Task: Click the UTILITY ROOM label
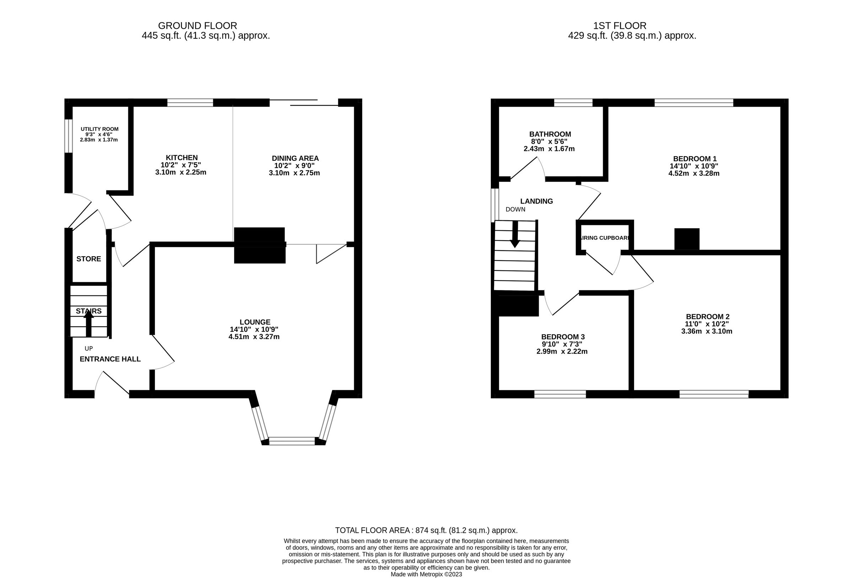coord(100,129)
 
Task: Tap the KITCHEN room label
coord(182,158)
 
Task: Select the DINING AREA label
coord(295,158)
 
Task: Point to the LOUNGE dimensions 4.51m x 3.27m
coord(254,337)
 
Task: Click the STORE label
coord(88,259)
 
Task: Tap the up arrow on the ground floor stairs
coord(88,324)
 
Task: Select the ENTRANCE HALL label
coord(110,359)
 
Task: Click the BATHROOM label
coord(550,134)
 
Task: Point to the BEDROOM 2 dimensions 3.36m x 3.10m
coord(707,331)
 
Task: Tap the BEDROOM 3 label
coord(563,337)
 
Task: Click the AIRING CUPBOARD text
coord(605,238)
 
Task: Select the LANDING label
coord(536,201)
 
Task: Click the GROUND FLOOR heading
coord(198,26)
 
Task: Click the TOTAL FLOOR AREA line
coord(426,530)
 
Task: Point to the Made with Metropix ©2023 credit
coord(426,574)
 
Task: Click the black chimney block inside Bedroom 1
coord(687,239)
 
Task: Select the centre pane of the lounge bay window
coord(292,441)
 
